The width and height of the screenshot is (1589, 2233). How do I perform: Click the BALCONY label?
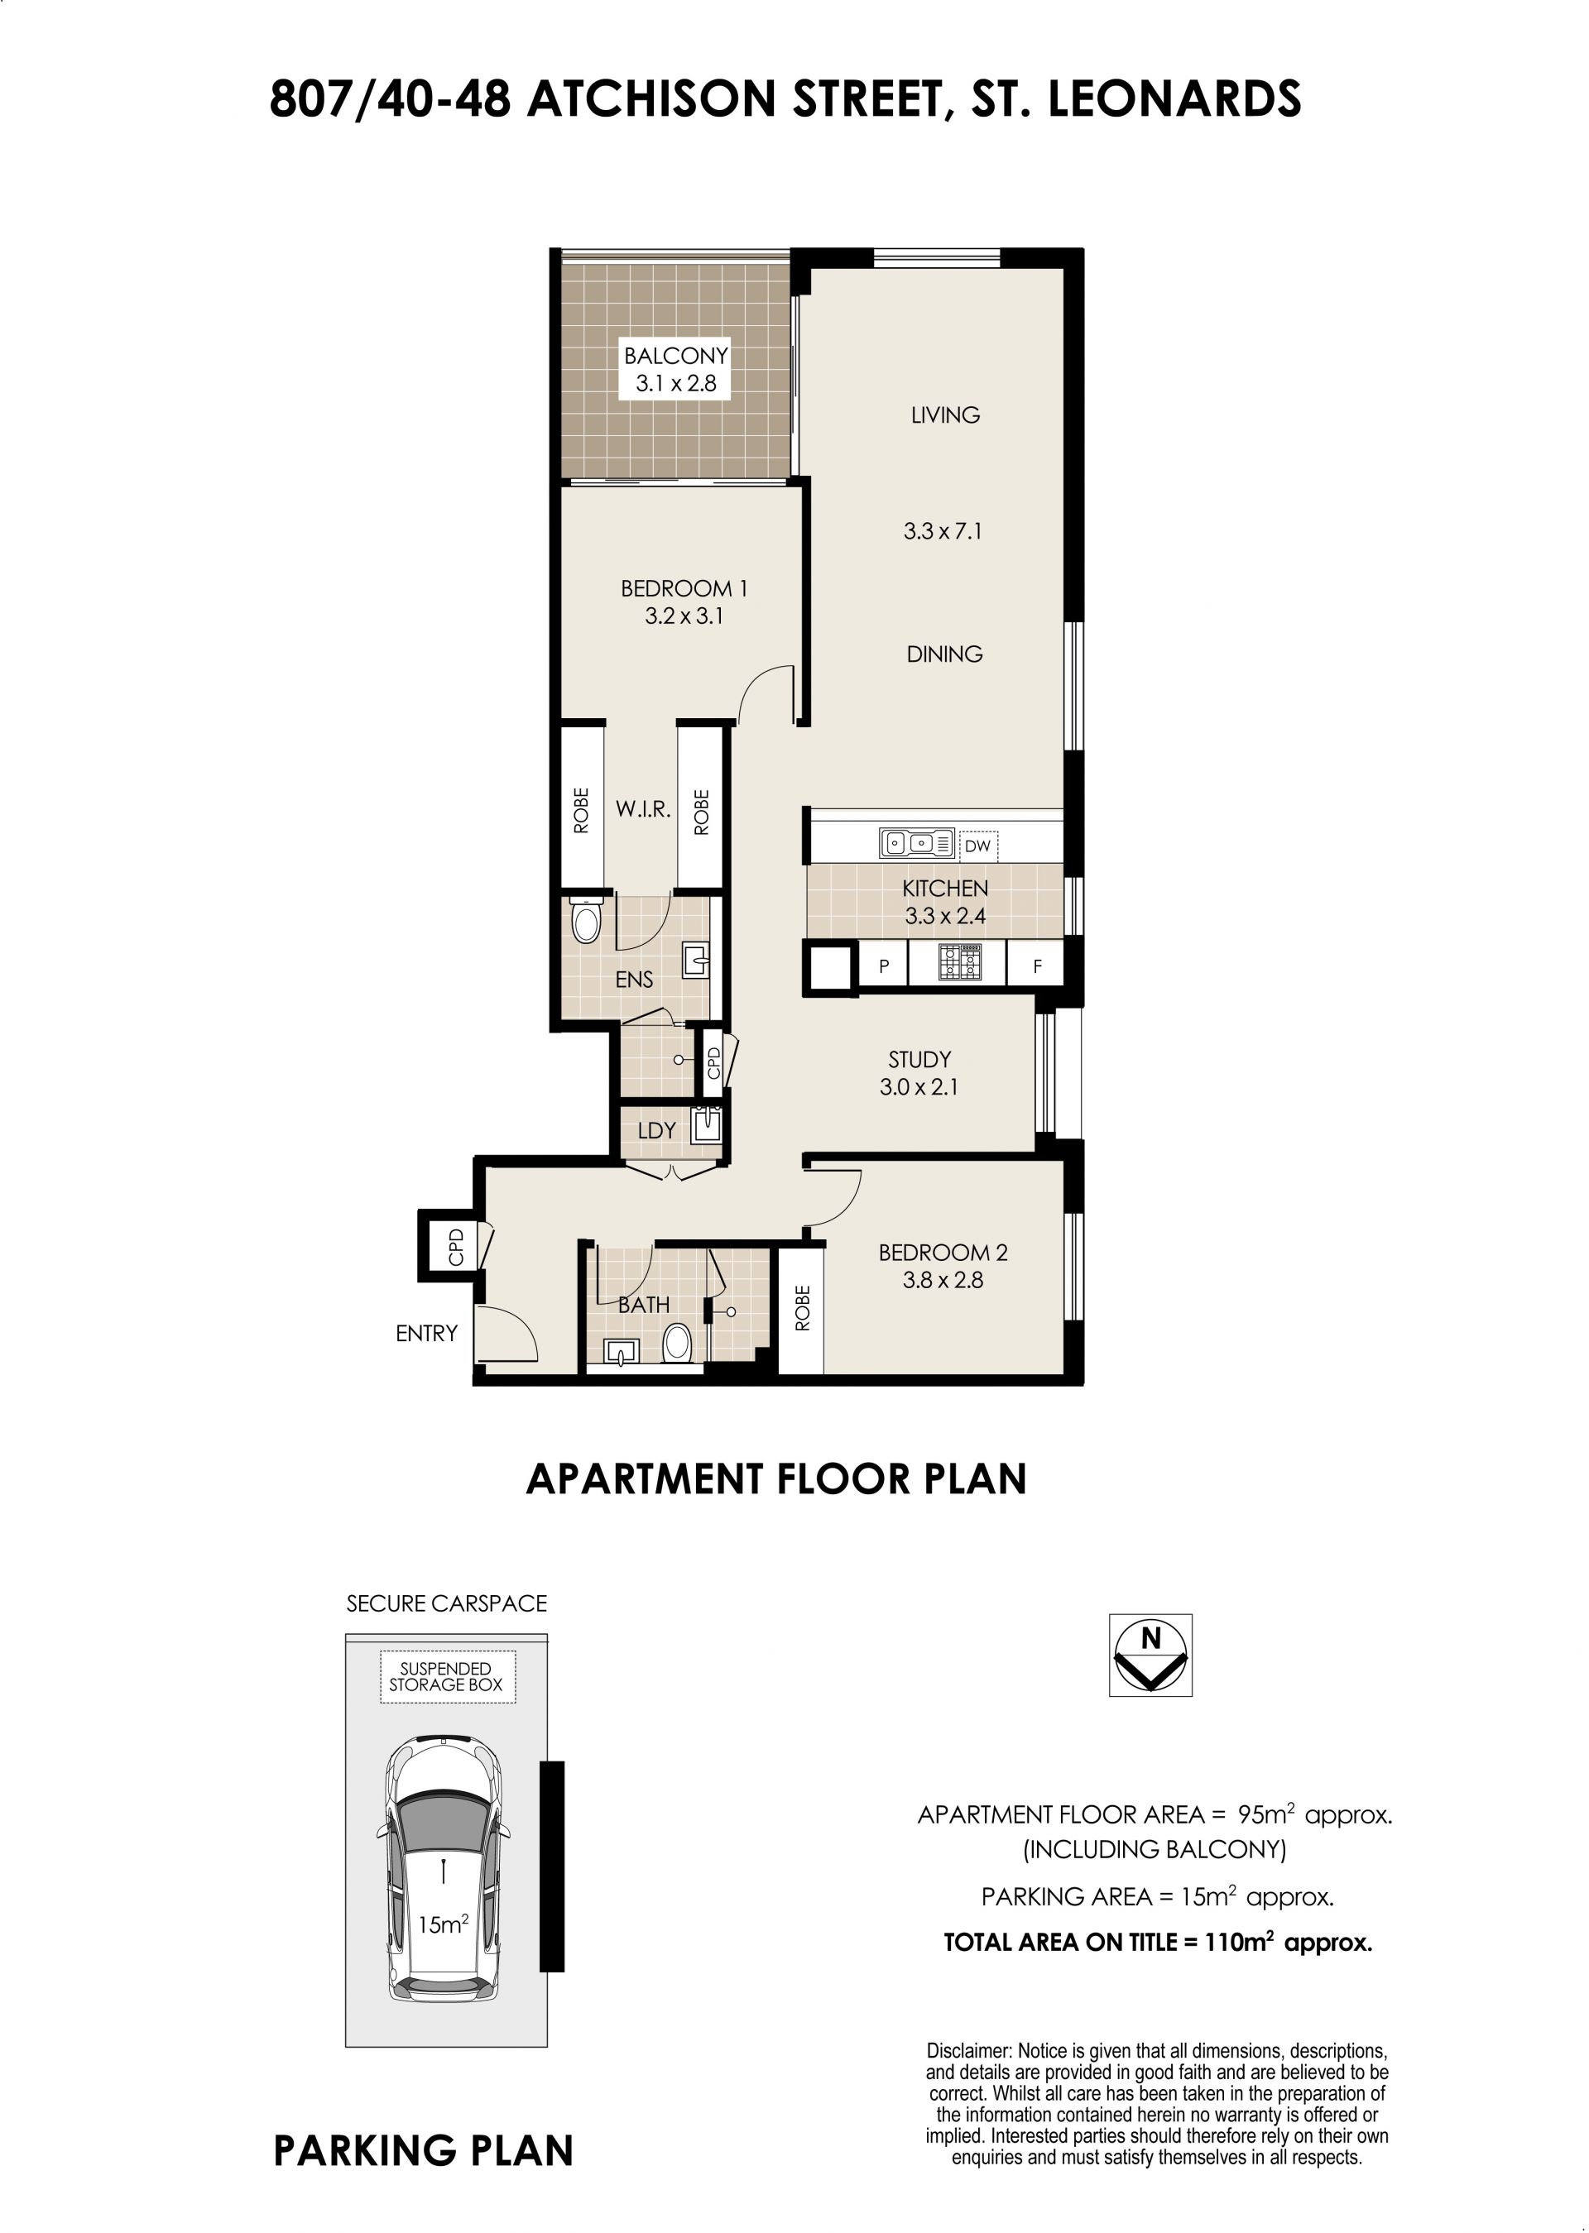tap(676, 355)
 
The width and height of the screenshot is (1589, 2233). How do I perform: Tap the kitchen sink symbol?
tap(917, 842)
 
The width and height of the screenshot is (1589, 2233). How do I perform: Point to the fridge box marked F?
tap(1036, 966)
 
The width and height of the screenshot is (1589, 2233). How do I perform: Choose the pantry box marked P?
tap(884, 966)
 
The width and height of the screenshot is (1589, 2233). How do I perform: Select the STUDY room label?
tap(919, 1059)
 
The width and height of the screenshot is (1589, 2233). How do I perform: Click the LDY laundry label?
tap(656, 1131)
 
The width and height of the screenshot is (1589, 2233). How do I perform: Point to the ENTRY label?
tap(426, 1333)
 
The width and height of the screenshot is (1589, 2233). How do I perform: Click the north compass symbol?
tap(1150, 1655)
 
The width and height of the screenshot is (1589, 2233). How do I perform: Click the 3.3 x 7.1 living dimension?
tap(943, 531)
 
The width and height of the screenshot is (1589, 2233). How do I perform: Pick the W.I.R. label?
tap(643, 809)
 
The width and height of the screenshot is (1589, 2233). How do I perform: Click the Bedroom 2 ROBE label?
tap(802, 1308)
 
